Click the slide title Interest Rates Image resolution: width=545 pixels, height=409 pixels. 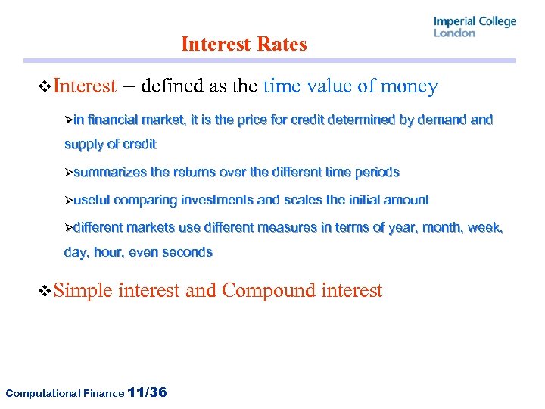(244, 44)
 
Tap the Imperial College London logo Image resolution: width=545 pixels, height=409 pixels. (475, 27)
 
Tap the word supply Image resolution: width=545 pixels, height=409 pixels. (83, 144)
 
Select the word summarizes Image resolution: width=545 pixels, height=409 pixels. (111, 172)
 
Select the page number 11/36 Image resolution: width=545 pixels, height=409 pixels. (148, 392)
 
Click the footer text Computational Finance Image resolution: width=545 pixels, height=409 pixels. (64, 393)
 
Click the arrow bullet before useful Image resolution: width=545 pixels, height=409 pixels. (68, 201)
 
